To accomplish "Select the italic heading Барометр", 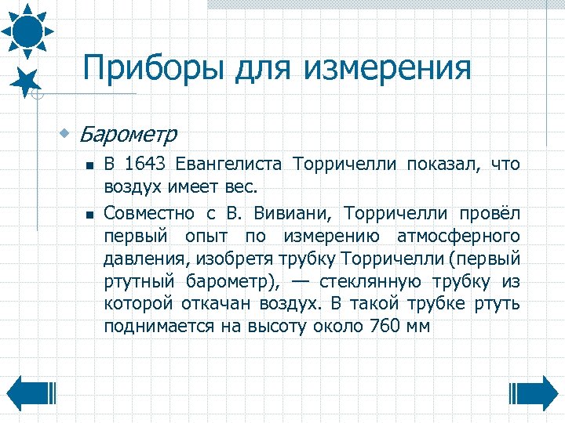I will click(x=127, y=134).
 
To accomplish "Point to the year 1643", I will click(x=147, y=164).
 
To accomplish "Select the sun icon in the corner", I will click(x=27, y=28).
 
